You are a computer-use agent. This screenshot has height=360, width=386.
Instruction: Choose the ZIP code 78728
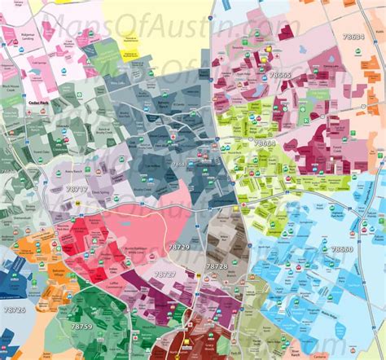pyautogui.click(x=216, y=266)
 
